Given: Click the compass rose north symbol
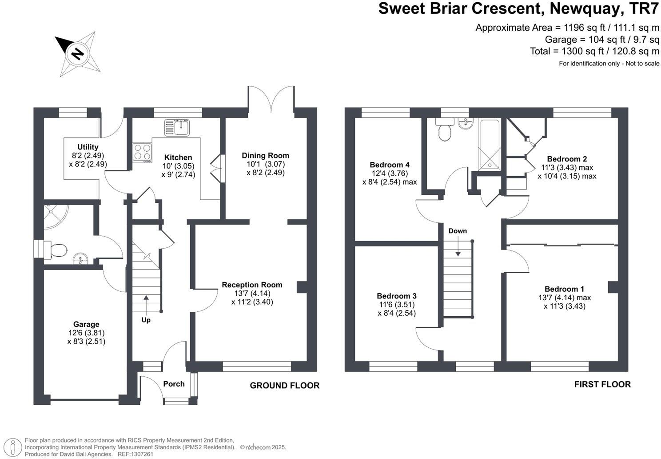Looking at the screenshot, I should click(x=78, y=54).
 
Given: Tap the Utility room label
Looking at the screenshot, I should click(x=88, y=147).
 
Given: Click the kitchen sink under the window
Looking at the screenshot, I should click(x=177, y=128).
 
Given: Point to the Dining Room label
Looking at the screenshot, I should click(x=265, y=156).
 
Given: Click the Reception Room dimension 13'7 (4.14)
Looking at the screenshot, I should click(x=252, y=294).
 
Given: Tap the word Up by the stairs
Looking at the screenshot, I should click(x=146, y=320).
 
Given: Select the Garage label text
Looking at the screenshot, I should click(x=86, y=325).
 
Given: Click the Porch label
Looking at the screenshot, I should click(x=174, y=384).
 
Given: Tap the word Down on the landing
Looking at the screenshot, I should click(x=458, y=231).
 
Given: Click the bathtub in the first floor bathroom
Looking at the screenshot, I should click(x=489, y=145).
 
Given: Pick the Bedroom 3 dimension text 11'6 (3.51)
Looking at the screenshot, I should click(x=396, y=305).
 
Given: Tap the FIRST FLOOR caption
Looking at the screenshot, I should click(x=602, y=384).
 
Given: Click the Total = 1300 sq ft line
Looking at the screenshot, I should click(x=594, y=51).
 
